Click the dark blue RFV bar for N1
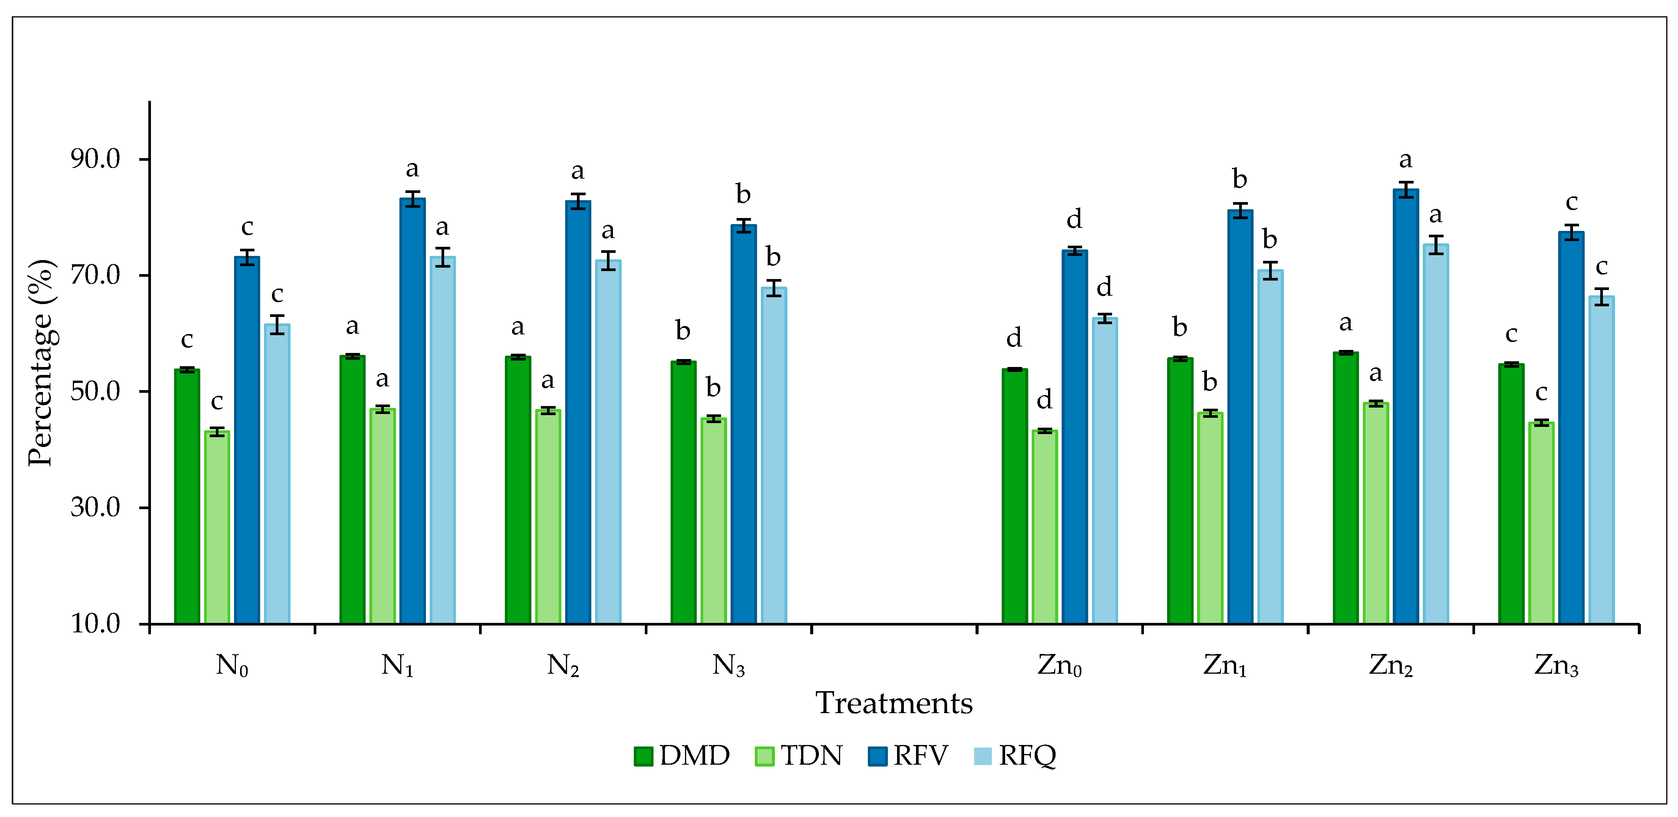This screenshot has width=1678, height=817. coord(412,410)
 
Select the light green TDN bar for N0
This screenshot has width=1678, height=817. coord(217,527)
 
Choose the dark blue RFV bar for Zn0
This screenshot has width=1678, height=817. coord(1074,436)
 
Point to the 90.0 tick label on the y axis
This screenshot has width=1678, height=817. coord(96,159)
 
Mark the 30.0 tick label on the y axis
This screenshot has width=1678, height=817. coord(96,507)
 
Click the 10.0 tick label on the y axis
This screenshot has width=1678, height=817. coord(96,624)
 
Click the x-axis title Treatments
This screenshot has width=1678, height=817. coord(894,704)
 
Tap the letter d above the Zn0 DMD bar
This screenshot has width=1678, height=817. coord(1013,338)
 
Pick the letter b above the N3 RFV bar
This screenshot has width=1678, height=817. coord(743,194)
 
